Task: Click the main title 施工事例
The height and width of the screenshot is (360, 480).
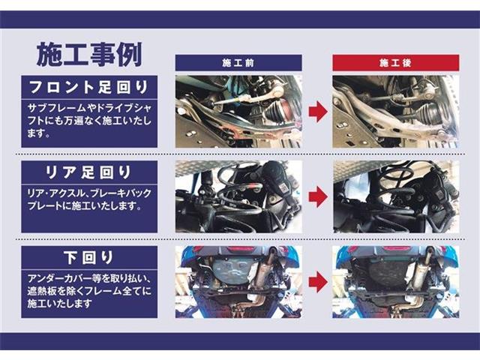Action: pos(89,54)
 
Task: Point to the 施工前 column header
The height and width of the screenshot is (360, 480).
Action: pos(238,63)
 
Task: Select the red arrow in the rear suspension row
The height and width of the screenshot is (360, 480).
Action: pos(317,196)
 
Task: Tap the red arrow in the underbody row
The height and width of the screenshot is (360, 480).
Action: pos(317,281)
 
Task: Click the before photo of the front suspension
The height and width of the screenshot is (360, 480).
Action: pos(238,111)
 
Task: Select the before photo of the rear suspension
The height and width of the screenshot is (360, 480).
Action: pos(238,196)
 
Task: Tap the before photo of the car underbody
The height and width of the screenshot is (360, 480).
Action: pos(238,281)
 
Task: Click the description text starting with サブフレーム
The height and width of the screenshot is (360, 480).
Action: pos(89,120)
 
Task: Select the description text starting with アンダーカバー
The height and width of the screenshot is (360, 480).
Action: pos(89,290)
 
